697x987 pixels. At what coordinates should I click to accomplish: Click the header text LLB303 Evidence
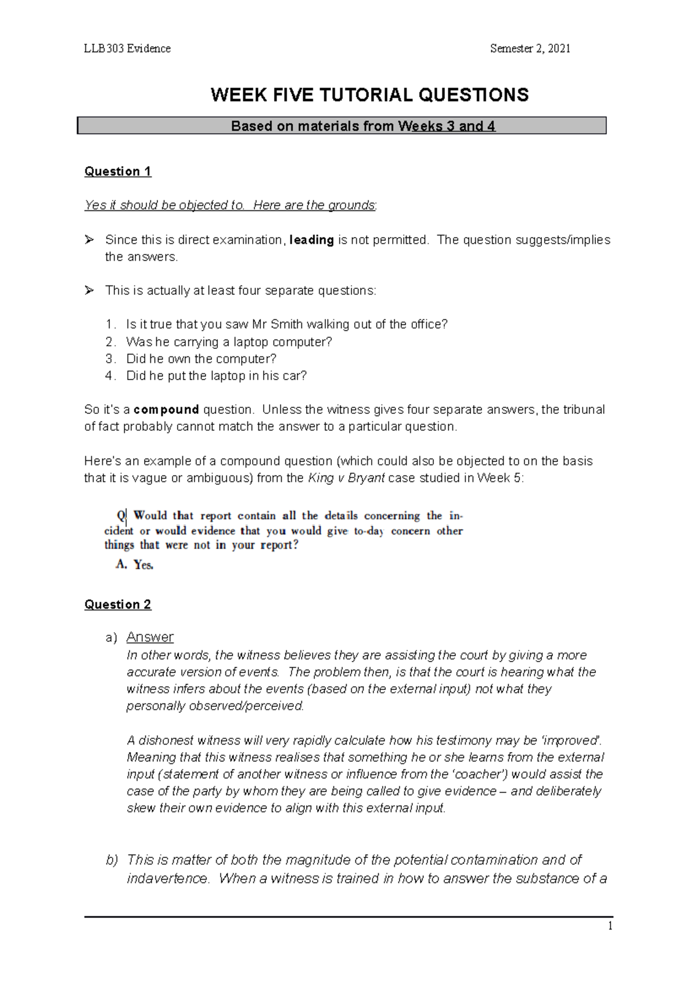pyautogui.click(x=127, y=49)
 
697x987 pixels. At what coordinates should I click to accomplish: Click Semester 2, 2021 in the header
pyautogui.click(x=530, y=49)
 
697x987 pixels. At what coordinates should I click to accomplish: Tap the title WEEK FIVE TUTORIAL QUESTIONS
pyautogui.click(x=369, y=95)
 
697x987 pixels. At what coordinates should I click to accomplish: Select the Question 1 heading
pyautogui.click(x=118, y=171)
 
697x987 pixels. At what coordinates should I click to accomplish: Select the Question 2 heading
pyautogui.click(x=118, y=605)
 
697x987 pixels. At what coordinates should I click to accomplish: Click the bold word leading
pyautogui.click(x=311, y=240)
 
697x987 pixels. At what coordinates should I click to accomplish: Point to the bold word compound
pyautogui.click(x=167, y=410)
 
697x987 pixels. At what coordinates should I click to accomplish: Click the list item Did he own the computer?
pyautogui.click(x=201, y=359)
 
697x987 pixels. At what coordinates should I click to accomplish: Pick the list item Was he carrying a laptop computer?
pyautogui.click(x=229, y=342)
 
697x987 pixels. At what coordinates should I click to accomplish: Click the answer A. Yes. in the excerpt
pyautogui.click(x=134, y=564)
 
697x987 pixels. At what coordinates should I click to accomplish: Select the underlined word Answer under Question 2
pyautogui.click(x=150, y=637)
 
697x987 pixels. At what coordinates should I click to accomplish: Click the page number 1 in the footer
pyautogui.click(x=610, y=927)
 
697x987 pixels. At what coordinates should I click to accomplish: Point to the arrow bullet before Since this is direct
pyautogui.click(x=89, y=239)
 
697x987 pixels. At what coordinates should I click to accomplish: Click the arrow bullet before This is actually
pyautogui.click(x=89, y=290)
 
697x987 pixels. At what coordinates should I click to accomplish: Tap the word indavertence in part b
pyautogui.click(x=167, y=878)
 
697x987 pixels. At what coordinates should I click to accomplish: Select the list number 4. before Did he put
pyautogui.click(x=110, y=376)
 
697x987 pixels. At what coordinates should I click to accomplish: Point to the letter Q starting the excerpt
pyautogui.click(x=121, y=515)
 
